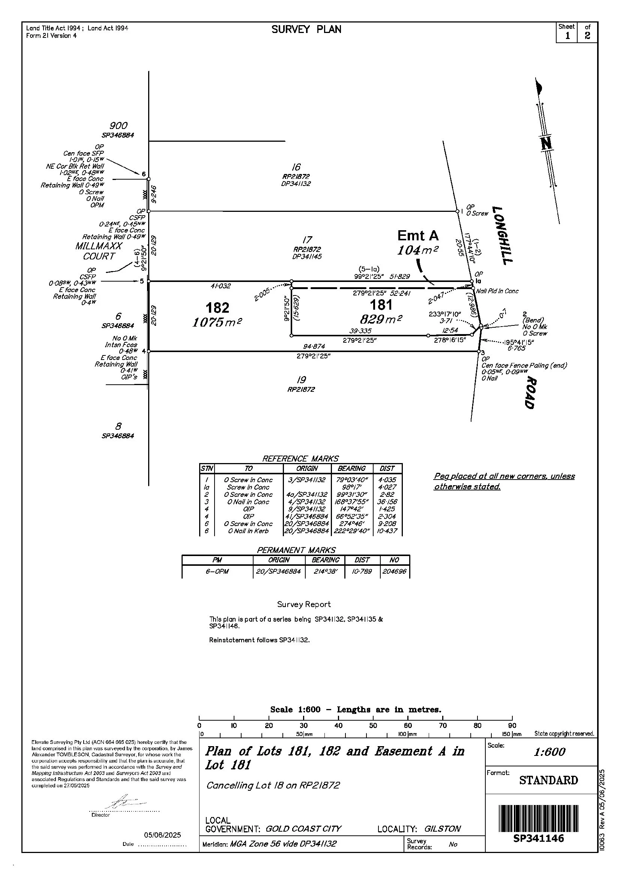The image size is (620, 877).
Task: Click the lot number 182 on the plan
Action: click(218, 307)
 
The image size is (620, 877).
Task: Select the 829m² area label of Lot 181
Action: click(381, 319)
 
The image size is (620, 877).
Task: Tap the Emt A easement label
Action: click(418, 236)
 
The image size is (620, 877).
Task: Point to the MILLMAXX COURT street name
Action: click(99, 251)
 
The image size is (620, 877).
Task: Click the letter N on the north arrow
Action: click(546, 143)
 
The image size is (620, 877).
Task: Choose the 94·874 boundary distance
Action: click(314, 346)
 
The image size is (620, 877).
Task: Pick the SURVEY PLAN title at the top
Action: click(306, 29)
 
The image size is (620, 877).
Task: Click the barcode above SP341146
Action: click(538, 818)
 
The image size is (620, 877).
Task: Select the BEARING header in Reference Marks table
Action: click(351, 468)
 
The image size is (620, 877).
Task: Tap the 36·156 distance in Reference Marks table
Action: click(387, 502)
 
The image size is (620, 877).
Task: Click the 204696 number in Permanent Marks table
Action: click(395, 571)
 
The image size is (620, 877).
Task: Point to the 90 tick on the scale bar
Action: click(512, 726)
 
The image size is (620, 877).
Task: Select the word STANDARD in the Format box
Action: click(548, 780)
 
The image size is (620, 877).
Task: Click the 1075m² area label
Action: click(217, 322)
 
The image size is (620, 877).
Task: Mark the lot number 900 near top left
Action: click(119, 126)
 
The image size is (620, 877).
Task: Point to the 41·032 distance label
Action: click(221, 286)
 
